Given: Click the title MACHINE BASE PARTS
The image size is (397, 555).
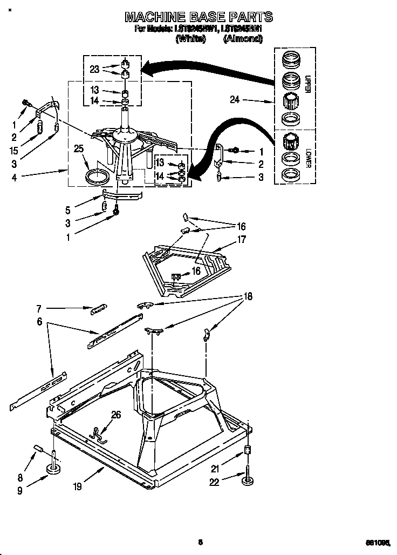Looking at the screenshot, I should click(x=198, y=16).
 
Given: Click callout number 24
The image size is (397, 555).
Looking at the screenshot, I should click(x=235, y=100).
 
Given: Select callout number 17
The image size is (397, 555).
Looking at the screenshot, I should click(x=241, y=239).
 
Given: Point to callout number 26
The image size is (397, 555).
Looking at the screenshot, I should click(x=116, y=415).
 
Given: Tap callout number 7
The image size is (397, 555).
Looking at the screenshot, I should click(x=39, y=309).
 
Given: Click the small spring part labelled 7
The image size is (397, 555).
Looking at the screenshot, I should click(x=98, y=308).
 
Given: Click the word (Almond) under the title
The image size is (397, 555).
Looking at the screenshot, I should click(x=243, y=39).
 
